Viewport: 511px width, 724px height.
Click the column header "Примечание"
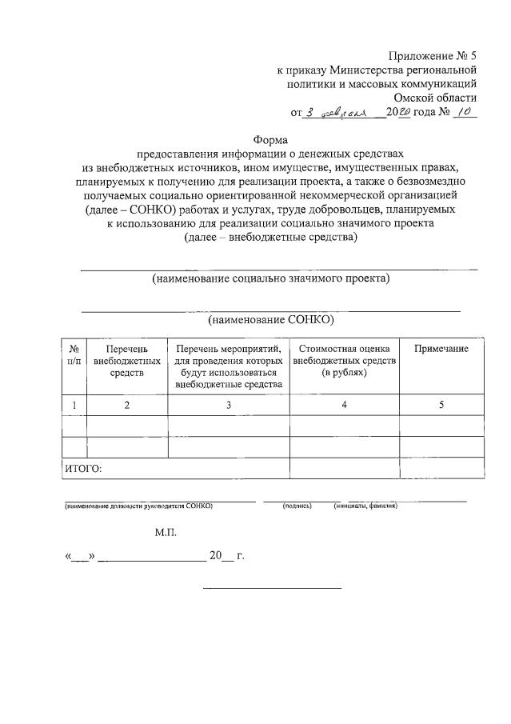[441, 349]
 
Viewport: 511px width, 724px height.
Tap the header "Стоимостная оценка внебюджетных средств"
[344, 361]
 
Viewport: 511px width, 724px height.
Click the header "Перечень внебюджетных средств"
[126, 361]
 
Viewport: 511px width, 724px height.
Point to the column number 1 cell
[74, 405]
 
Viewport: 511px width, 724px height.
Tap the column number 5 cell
[441, 405]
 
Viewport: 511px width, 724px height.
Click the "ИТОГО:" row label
[82, 469]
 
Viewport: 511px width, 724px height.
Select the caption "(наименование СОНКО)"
[270, 319]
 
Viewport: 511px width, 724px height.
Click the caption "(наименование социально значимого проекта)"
[270, 278]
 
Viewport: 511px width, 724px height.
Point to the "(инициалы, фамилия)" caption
[365, 506]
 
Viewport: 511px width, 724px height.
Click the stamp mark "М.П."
[166, 531]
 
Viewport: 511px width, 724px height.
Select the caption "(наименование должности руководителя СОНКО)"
[138, 506]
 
